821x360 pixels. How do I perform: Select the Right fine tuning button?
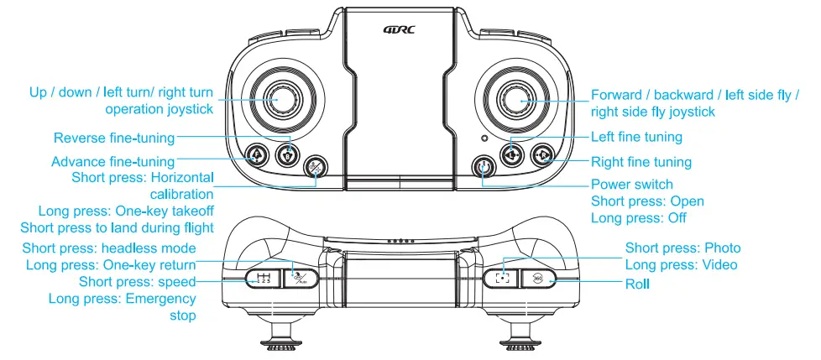pos(542,154)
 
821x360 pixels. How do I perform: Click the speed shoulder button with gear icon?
pos(263,279)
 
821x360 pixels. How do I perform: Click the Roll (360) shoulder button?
pos(537,279)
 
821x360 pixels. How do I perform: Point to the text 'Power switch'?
pos(632,185)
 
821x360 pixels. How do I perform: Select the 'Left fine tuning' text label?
pos(636,137)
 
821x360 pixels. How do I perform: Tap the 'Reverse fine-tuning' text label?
pos(114,138)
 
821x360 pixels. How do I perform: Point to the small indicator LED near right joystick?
pos(484,138)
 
